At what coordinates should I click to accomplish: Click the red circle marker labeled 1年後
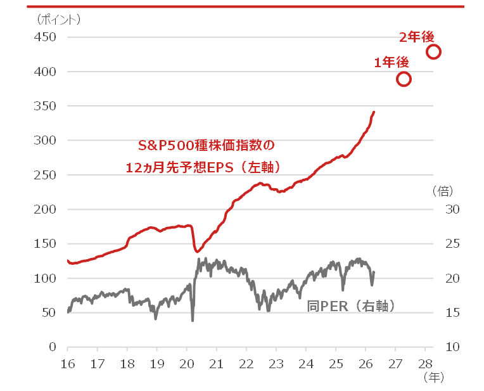tap(404, 79)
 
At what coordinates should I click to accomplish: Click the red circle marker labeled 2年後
tap(433, 52)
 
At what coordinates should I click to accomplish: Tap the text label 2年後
tap(416, 37)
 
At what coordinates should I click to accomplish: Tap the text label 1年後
tap(391, 62)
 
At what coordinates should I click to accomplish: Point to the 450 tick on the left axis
tap(44, 37)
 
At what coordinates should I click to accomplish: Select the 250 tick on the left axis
tap(44, 175)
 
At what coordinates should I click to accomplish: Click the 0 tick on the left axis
tap(53, 347)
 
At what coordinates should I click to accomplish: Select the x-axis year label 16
tap(67, 364)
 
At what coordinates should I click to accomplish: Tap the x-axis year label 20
tap(186, 364)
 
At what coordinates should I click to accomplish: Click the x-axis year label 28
tap(425, 364)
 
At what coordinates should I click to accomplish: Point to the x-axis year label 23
tap(276, 364)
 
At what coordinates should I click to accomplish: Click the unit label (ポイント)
tap(58, 19)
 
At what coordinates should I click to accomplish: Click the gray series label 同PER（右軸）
tap(352, 306)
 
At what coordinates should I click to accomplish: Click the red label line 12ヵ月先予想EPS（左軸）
tap(203, 167)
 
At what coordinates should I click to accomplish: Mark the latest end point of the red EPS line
tap(374, 112)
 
